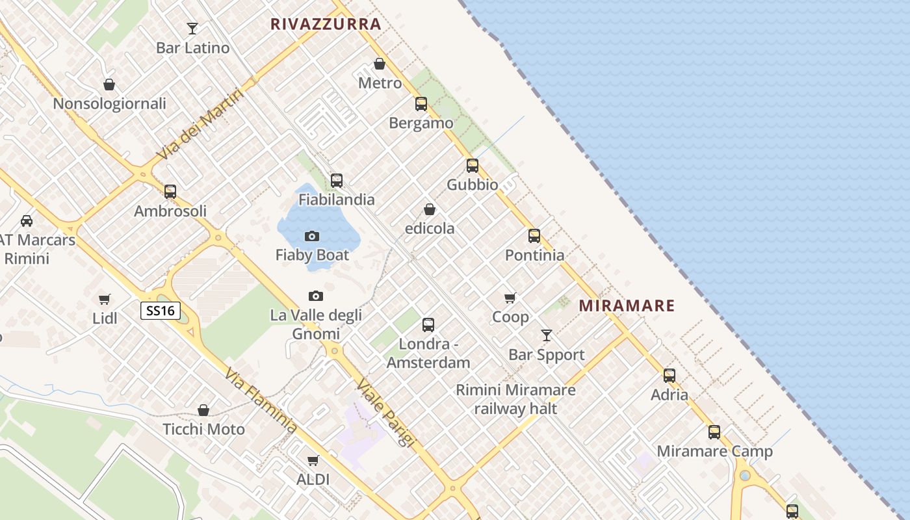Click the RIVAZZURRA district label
(326, 25)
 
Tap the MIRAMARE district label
(627, 305)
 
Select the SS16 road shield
(161, 311)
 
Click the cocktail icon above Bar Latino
(192, 28)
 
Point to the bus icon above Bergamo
(421, 103)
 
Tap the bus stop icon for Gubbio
(473, 166)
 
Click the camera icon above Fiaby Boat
(312, 236)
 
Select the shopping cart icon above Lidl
(105, 299)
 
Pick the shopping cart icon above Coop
(510, 298)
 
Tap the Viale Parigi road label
(386, 412)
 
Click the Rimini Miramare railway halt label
(515, 399)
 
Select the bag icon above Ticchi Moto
(203, 410)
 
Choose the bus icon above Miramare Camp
(714, 432)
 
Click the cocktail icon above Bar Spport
(547, 335)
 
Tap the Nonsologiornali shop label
(109, 104)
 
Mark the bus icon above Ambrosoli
(170, 191)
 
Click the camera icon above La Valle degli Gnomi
(316, 296)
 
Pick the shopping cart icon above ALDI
(313, 461)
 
